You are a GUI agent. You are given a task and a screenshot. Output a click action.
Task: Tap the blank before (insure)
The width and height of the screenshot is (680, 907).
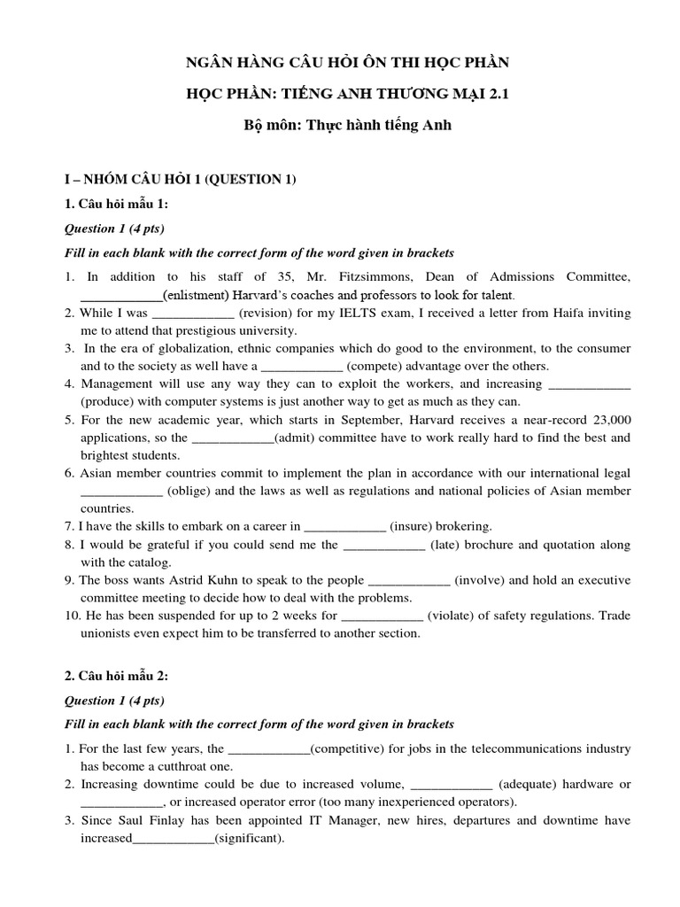344,525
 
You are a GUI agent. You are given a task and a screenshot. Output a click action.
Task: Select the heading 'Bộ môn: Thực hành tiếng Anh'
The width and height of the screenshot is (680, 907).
340,125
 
